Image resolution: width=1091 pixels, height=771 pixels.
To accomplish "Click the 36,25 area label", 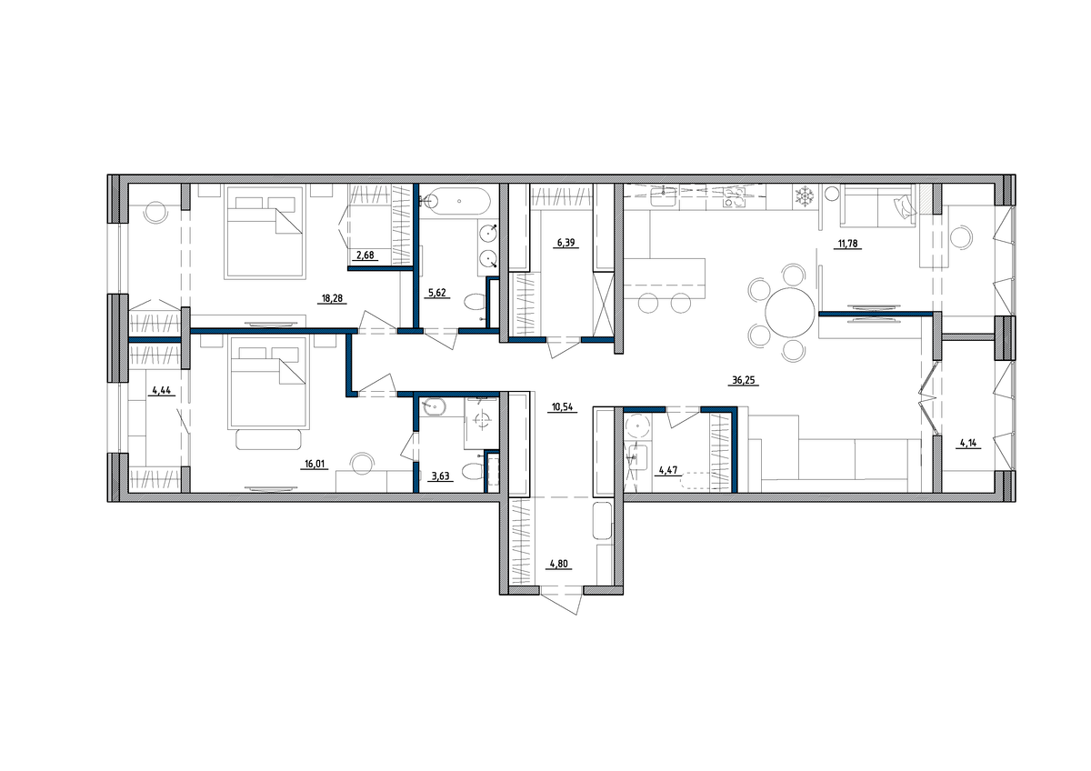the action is click(x=744, y=380).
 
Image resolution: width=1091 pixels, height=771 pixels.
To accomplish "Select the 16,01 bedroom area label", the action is click(x=315, y=464).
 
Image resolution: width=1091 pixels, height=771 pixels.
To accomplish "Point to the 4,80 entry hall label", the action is click(x=558, y=565).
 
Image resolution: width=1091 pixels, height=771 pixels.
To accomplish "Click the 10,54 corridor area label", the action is click(x=562, y=407).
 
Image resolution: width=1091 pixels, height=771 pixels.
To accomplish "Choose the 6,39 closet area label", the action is click(x=566, y=243).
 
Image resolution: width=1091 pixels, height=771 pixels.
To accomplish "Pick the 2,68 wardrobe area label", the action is click(x=365, y=255).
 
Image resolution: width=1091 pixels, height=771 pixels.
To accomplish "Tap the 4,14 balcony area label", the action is click(x=968, y=443).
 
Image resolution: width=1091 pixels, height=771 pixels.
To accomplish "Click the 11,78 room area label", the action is click(x=847, y=244).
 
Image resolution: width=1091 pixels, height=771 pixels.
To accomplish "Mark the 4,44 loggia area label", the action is click(x=161, y=390).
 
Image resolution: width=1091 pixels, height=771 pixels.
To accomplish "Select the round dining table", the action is click(x=789, y=313).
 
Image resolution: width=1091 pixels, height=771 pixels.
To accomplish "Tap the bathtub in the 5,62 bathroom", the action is click(x=458, y=201).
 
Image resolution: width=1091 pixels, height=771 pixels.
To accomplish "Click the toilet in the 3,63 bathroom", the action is click(x=472, y=472).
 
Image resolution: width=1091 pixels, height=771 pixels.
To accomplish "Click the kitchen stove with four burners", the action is click(x=734, y=197).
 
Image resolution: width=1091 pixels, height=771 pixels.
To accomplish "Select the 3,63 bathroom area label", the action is click(x=440, y=476).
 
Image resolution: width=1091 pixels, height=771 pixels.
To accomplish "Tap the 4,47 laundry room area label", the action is click(x=667, y=470).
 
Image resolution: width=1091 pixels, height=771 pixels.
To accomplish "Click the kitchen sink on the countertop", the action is click(x=663, y=196).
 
